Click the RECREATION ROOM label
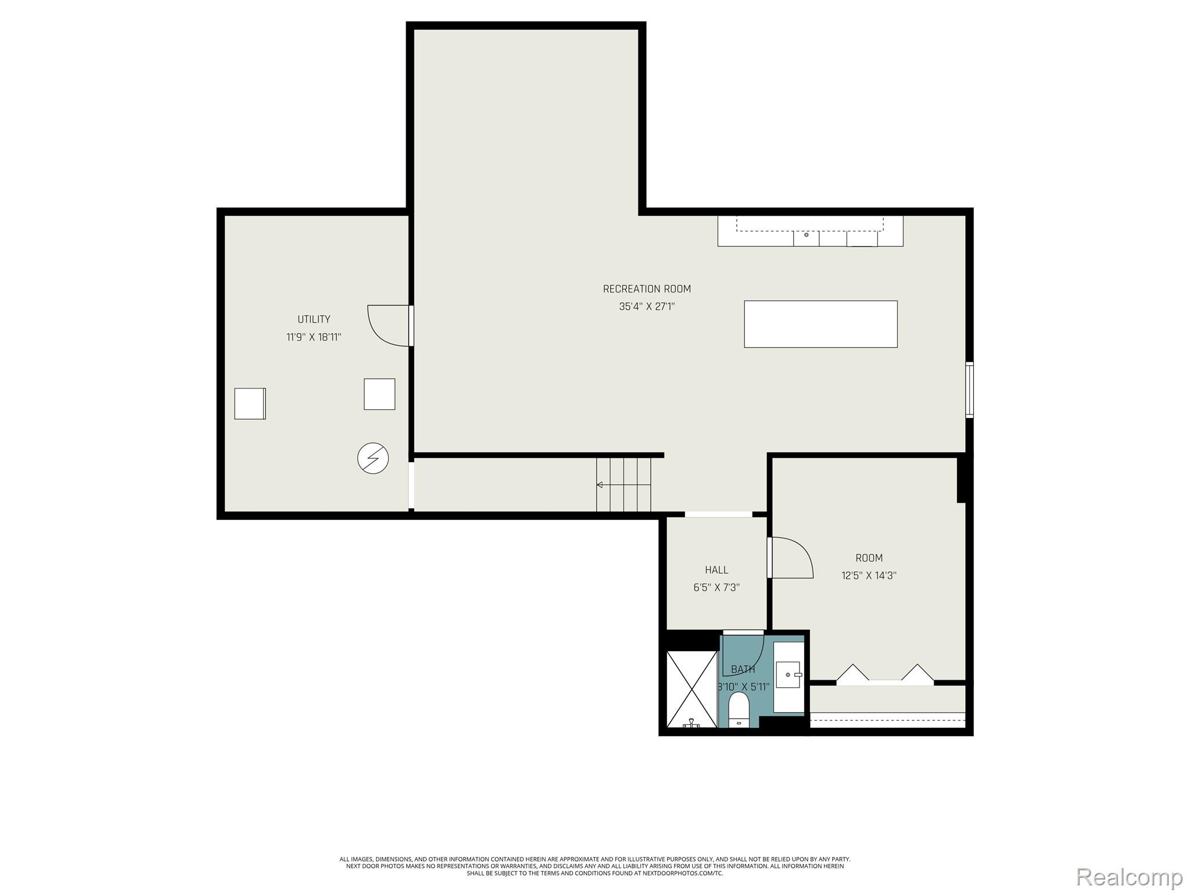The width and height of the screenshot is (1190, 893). (x=647, y=289)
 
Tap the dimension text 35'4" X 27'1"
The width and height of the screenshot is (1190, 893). (x=647, y=306)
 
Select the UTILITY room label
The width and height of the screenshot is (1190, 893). (x=314, y=319)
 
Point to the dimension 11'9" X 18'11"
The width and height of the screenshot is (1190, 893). (x=314, y=337)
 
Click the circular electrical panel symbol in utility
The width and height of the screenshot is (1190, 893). (x=373, y=458)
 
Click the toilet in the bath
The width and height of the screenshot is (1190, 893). (x=739, y=710)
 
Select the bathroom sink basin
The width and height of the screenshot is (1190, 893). (x=788, y=674)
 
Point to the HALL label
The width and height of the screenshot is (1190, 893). (x=716, y=570)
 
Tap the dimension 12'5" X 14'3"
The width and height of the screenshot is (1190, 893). (x=869, y=576)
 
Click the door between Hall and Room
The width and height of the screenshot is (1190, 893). (x=790, y=558)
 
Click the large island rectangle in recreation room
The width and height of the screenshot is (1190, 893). (x=820, y=324)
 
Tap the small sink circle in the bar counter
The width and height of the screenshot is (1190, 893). (x=806, y=235)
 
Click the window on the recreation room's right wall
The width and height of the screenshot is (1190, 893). (x=969, y=390)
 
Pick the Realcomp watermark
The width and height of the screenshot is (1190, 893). (x=1129, y=876)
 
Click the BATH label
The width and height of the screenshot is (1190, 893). (x=743, y=669)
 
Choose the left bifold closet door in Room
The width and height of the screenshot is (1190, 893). (x=852, y=673)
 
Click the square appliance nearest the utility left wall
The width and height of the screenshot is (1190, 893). (x=250, y=403)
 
